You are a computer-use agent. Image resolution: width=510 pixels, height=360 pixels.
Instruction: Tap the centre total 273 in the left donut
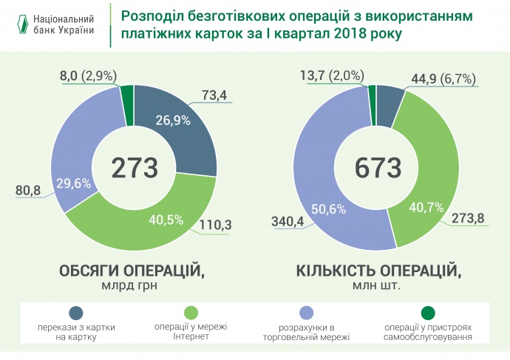click(x=135, y=168)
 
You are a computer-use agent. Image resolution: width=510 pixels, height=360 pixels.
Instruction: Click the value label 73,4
click(x=214, y=94)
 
